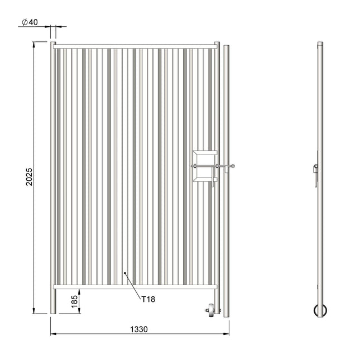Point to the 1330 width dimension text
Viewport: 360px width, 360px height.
click(x=139, y=329)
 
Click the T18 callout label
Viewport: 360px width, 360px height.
click(x=148, y=299)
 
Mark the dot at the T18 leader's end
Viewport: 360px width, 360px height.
click(x=126, y=273)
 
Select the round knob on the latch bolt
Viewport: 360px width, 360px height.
click(x=233, y=166)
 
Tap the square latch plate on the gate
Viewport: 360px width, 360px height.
click(x=203, y=166)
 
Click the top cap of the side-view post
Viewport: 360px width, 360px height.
click(x=320, y=44)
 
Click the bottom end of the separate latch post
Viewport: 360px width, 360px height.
click(x=226, y=316)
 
